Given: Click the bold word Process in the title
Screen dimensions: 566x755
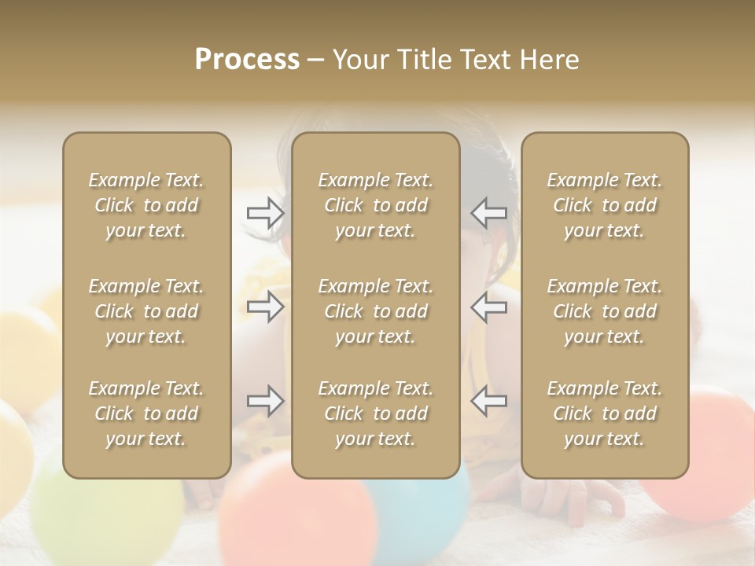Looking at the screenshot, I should (247, 60).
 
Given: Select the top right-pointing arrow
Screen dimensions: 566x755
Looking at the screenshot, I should (265, 212).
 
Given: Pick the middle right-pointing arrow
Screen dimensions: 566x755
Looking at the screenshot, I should (265, 307).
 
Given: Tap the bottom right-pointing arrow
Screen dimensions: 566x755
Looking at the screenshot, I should (265, 401).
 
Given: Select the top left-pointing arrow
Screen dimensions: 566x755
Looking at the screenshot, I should (489, 212).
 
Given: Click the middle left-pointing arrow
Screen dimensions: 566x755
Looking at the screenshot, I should (489, 307).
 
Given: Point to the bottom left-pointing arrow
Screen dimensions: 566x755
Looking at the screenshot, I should (489, 401).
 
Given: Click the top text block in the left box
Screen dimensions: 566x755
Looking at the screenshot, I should (146, 205).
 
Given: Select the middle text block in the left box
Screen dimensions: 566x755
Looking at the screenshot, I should (146, 311).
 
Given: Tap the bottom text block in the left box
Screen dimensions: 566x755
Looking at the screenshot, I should (146, 413).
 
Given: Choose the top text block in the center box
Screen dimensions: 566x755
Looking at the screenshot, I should (376, 205).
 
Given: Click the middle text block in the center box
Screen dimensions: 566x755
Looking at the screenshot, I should (376, 311).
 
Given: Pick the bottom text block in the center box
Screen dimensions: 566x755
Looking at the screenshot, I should (376, 413).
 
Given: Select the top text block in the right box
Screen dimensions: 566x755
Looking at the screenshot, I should (605, 205).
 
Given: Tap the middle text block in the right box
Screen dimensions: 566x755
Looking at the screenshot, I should (605, 311).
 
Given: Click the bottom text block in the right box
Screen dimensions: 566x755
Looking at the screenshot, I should (605, 413).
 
